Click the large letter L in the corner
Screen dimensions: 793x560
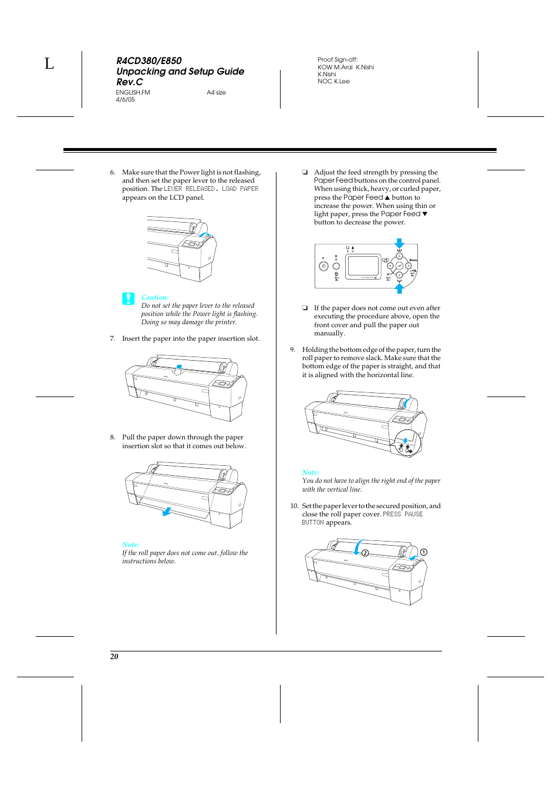point(49,63)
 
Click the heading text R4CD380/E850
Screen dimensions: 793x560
point(149,61)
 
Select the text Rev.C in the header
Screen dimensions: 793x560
point(129,82)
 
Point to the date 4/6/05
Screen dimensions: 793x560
point(125,100)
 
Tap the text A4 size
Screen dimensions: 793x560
point(216,92)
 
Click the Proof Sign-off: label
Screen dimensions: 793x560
point(337,59)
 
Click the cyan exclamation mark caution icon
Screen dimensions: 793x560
point(128,298)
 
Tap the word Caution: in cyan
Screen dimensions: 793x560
point(154,297)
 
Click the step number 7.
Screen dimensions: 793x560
point(112,338)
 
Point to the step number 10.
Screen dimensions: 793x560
point(294,506)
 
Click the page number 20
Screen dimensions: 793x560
point(114,656)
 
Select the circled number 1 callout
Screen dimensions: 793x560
point(423,552)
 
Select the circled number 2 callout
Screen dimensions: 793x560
point(365,553)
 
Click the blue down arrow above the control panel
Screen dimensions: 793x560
point(399,243)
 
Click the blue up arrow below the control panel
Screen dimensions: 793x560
point(399,288)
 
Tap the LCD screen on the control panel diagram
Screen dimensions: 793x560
point(363,266)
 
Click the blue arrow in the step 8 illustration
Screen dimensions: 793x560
point(167,511)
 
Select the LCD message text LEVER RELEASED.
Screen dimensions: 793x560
point(190,189)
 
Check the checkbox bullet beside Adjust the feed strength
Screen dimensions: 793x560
point(305,172)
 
